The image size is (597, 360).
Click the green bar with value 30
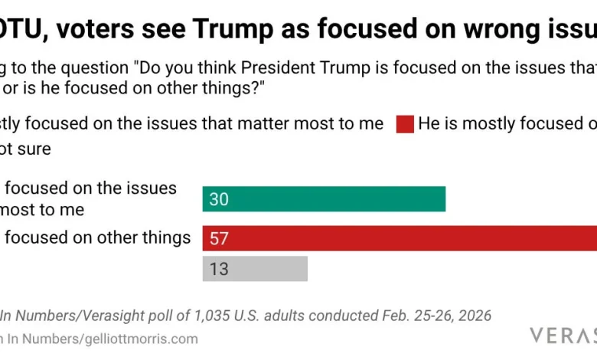coord(324,199)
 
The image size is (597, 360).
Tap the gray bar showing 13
coord(255,269)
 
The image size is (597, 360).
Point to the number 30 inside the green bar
coord(219,200)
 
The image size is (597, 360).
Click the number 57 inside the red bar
coord(219,239)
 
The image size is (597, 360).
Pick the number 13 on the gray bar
coord(219,270)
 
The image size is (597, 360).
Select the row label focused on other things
coord(98,237)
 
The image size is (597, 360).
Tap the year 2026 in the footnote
coord(471,315)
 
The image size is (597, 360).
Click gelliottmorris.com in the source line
coord(135,338)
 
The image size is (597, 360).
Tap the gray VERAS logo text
coord(563,335)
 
